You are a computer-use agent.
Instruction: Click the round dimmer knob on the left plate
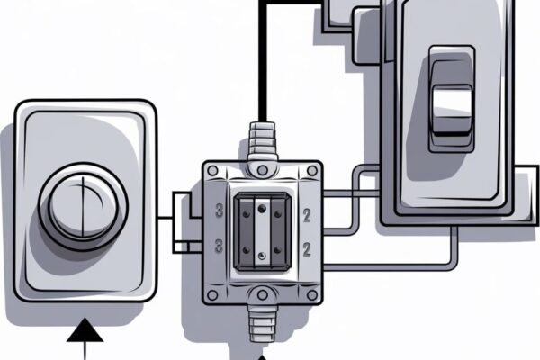83,207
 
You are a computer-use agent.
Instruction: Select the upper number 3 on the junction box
219,211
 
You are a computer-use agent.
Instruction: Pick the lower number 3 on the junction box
219,247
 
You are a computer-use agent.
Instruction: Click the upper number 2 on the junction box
307,215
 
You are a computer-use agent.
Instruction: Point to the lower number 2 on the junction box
307,250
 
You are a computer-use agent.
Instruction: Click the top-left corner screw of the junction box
212,170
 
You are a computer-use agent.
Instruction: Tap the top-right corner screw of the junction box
312,170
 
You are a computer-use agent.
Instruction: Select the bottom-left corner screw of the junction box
212,295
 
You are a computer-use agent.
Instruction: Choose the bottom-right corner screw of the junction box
312,295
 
